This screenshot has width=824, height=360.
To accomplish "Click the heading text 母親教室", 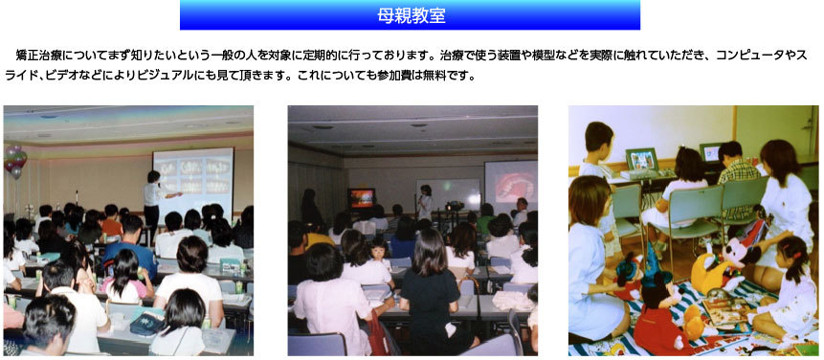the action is pos(411,15).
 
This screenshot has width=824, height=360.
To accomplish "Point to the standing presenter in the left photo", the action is pos(153,201).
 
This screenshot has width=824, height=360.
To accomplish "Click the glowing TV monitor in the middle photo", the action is pos(361,198).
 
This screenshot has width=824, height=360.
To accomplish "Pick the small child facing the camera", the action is pos(379,255).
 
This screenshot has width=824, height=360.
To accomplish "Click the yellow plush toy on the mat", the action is pos(707,271).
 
